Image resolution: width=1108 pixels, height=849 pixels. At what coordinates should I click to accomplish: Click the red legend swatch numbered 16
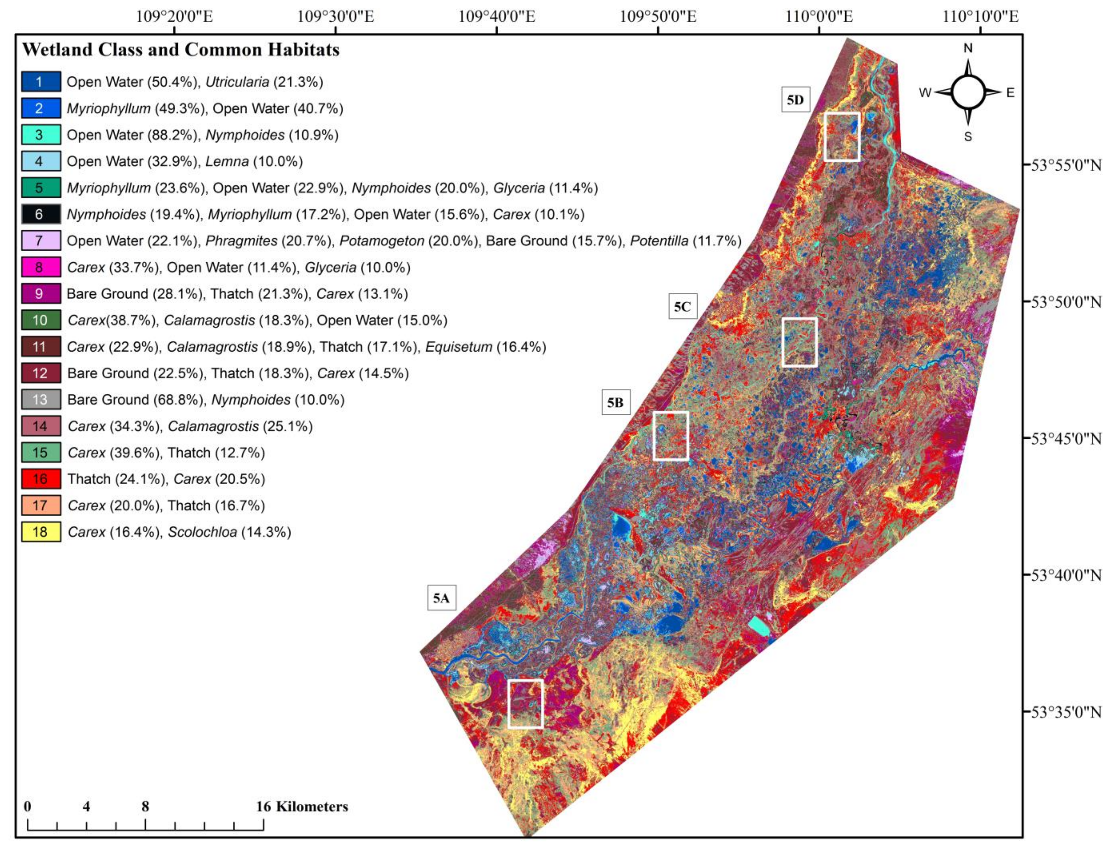[x=41, y=479]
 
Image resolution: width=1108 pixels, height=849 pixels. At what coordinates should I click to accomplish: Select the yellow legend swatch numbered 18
[x=41, y=532]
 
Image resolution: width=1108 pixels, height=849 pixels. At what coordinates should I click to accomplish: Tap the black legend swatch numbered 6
[x=41, y=214]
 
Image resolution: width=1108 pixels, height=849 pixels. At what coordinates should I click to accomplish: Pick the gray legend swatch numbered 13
[x=41, y=399]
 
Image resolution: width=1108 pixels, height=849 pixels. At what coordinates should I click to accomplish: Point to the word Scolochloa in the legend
[x=202, y=532]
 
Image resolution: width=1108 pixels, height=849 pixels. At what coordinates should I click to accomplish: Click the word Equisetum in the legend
[x=459, y=347]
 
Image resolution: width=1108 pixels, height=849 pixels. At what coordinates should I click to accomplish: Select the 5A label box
[x=441, y=598]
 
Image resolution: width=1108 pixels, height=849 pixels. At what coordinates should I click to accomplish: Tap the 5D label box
[x=795, y=100]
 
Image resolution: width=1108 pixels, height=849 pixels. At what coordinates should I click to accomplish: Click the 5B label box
[x=615, y=402]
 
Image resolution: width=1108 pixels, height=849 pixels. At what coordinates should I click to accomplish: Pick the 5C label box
[x=682, y=306]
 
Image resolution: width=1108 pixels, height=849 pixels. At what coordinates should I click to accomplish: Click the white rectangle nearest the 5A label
[x=525, y=703]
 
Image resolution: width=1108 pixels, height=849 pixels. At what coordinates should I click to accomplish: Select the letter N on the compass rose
[x=968, y=48]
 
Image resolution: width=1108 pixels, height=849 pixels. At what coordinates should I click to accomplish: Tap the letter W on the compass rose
[x=925, y=93]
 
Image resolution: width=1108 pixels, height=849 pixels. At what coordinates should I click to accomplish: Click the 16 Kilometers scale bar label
[x=302, y=806]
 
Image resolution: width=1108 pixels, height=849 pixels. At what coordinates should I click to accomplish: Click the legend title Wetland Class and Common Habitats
[x=180, y=49]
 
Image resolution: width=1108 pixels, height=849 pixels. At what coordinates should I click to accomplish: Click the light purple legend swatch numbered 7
[x=41, y=241]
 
